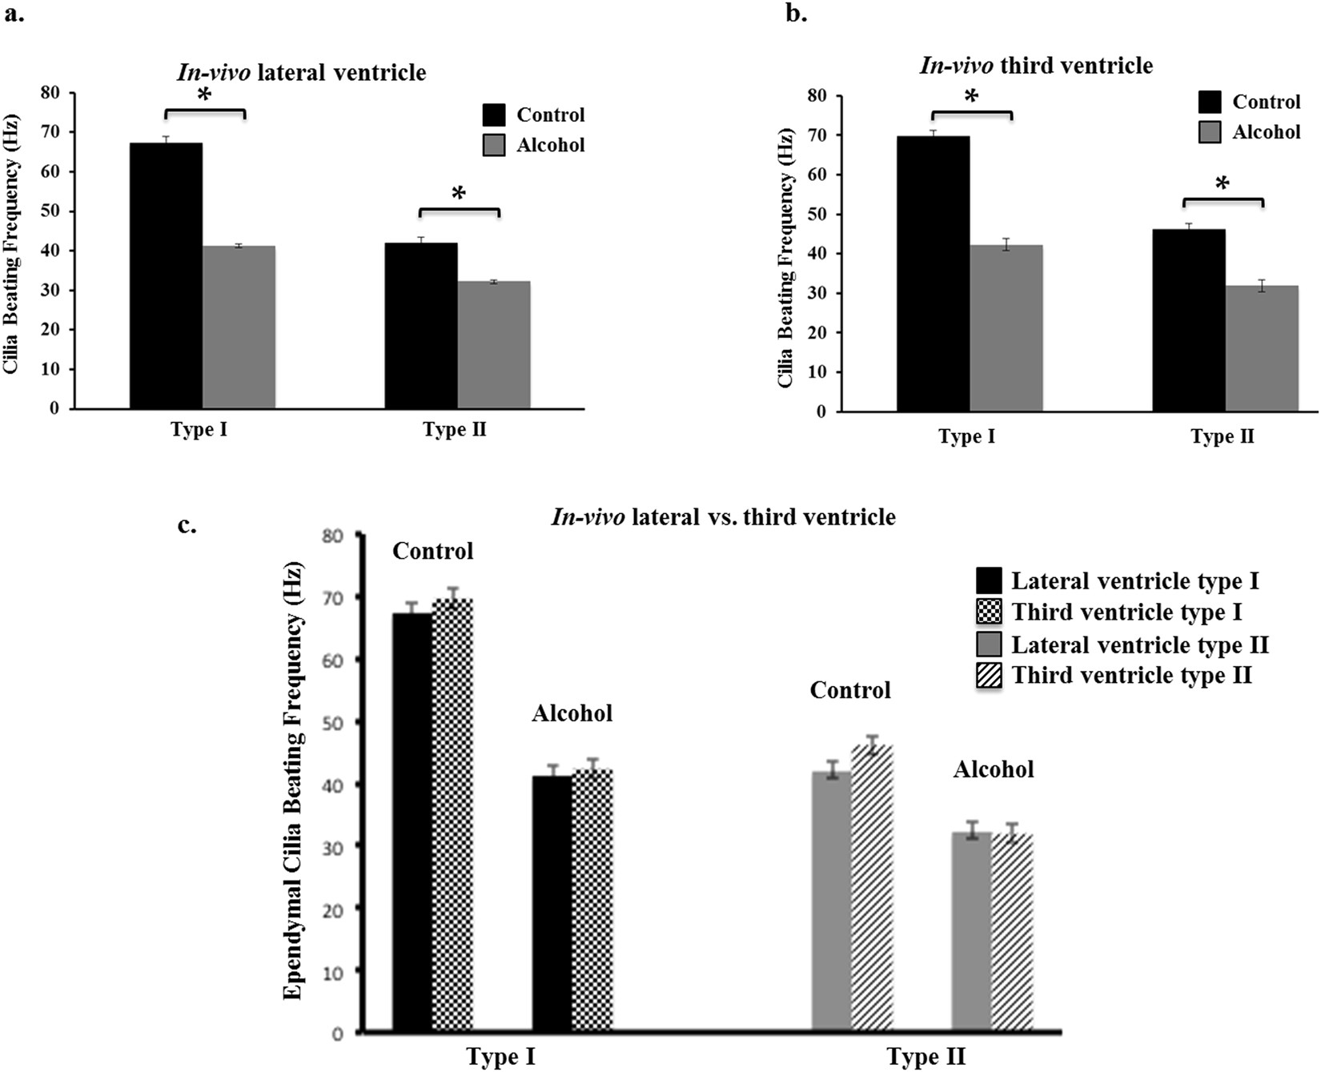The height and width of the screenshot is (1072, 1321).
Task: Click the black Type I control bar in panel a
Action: pyautogui.click(x=166, y=276)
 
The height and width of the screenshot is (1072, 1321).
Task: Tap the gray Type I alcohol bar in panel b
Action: pyautogui.click(x=1006, y=328)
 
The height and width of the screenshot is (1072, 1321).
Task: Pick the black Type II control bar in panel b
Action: pyautogui.click(x=1188, y=320)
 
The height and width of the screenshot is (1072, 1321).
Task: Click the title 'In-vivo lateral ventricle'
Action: pyautogui.click(x=302, y=73)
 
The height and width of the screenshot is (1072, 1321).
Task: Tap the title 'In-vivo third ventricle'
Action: pyautogui.click(x=1036, y=65)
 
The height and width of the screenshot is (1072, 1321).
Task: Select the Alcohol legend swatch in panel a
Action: pyautogui.click(x=494, y=145)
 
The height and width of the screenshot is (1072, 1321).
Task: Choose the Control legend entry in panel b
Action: pyautogui.click(x=1266, y=102)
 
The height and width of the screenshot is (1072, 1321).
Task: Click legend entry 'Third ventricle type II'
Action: pyautogui.click(x=1130, y=676)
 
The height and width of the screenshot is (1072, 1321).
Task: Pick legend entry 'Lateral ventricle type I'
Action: pyautogui.click(x=1134, y=580)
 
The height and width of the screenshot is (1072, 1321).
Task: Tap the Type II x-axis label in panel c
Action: pyautogui.click(x=926, y=1057)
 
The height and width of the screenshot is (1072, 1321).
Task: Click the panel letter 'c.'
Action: pyautogui.click(x=187, y=525)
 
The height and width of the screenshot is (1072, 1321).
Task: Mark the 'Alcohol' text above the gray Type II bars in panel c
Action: pyautogui.click(x=993, y=769)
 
